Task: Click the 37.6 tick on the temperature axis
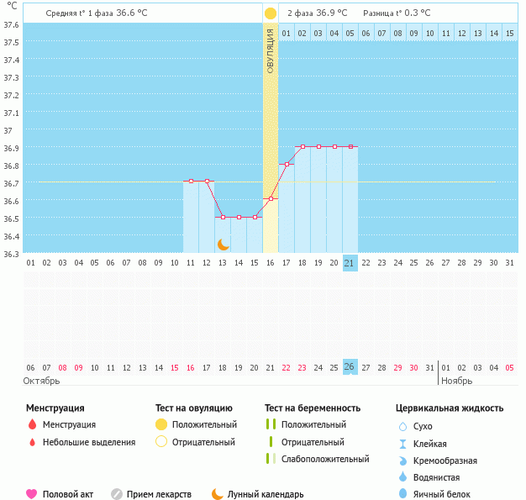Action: tap(11, 24)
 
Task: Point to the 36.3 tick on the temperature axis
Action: tap(11, 253)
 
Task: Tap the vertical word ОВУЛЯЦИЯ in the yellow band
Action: tap(271, 50)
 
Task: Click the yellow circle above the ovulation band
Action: tap(271, 13)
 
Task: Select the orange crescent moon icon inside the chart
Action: tap(224, 244)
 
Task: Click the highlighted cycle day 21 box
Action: tap(350, 263)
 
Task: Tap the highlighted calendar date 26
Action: tap(350, 367)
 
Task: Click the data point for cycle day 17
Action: tap(287, 165)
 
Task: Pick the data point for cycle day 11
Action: tap(191, 181)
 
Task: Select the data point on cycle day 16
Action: tap(271, 199)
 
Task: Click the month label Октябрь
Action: tap(41, 381)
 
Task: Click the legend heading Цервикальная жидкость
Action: tap(450, 408)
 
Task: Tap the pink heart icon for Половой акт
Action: tap(32, 494)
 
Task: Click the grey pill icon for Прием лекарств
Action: tap(117, 494)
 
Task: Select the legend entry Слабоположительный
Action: tap(325, 459)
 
